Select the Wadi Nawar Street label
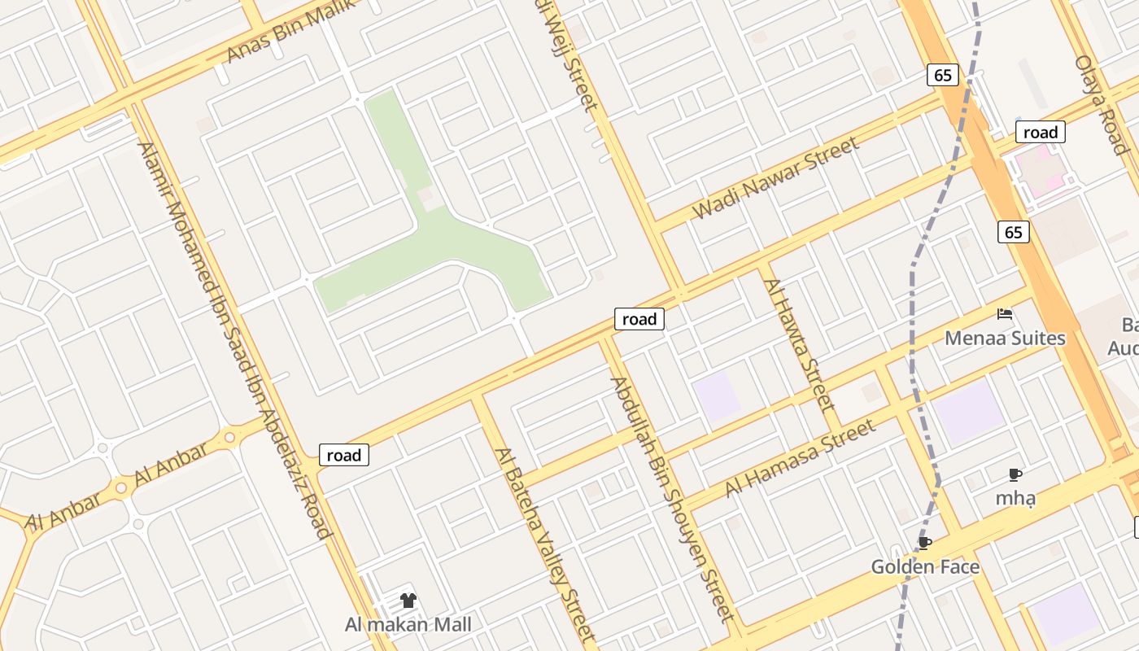point(775,178)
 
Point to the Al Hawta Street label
point(800,344)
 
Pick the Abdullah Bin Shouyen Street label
point(673,499)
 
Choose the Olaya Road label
point(1101,104)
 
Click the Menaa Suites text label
point(1005,338)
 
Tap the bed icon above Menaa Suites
point(1005,314)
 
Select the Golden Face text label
point(925,566)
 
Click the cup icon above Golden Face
point(924,543)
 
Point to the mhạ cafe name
point(1015,498)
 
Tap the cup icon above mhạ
point(1015,474)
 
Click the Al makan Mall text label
point(408,625)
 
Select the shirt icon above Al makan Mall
point(408,601)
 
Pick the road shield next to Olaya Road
point(1040,133)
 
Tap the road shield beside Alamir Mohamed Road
point(343,455)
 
